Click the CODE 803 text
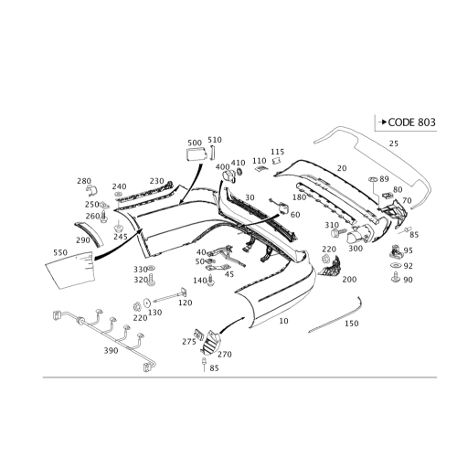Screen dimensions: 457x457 (x=411, y=122)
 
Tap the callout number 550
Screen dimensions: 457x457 (x=60, y=252)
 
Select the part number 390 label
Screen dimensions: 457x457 (x=111, y=351)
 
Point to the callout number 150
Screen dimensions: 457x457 (x=352, y=324)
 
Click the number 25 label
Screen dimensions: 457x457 (x=394, y=143)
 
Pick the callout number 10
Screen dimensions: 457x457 (x=283, y=321)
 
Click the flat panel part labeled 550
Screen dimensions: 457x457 (x=70, y=270)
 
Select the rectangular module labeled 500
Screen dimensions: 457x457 (x=197, y=154)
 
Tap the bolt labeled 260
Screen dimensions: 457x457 (x=104, y=216)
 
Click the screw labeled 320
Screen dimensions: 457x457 (x=151, y=280)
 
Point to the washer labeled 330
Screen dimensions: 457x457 (x=151, y=268)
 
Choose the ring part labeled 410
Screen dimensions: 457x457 (x=239, y=172)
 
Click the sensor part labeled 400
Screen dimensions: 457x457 (x=229, y=176)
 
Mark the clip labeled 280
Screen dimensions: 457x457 (x=91, y=190)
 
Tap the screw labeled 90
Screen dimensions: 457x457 (x=395, y=278)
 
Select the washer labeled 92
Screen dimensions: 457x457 (x=395, y=266)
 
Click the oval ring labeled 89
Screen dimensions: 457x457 (x=373, y=179)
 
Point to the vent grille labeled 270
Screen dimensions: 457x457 (x=210, y=344)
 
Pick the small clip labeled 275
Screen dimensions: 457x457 (x=198, y=335)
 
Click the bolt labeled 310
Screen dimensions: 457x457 (x=338, y=233)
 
